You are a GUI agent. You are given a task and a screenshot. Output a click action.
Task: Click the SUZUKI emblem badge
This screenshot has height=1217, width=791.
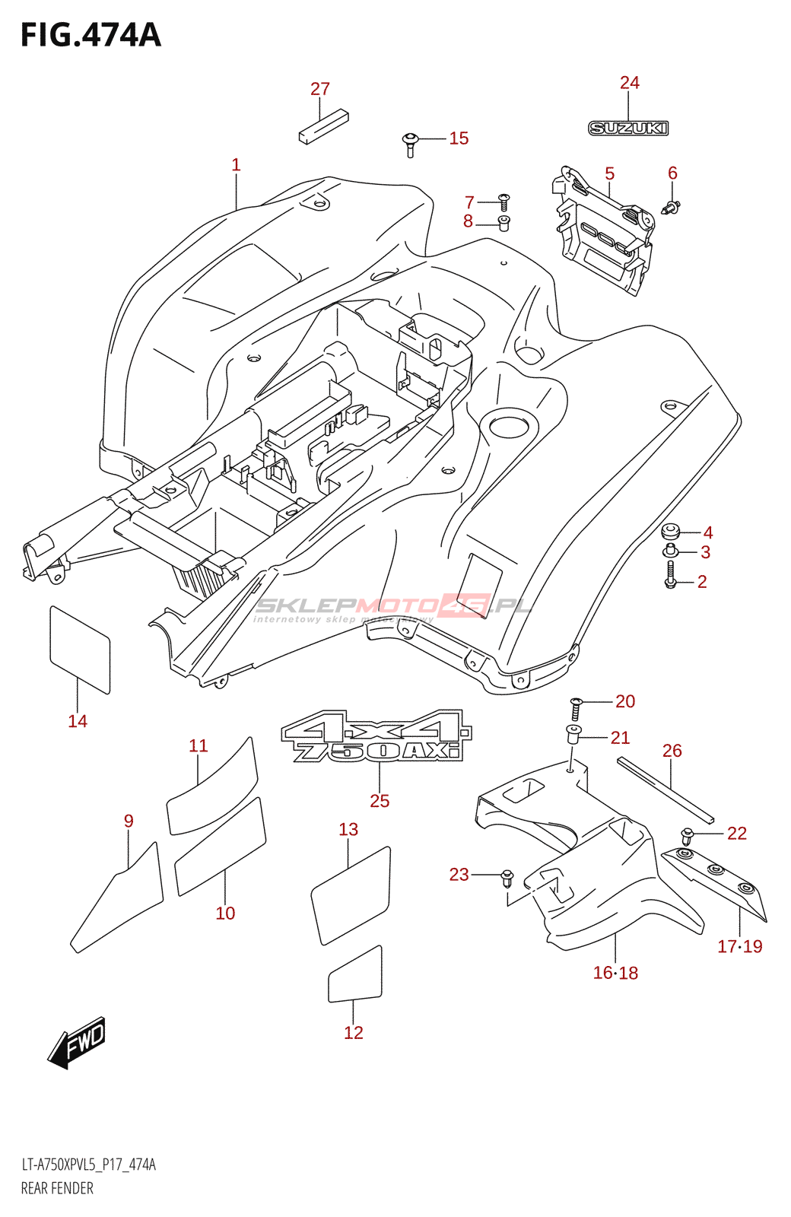click(628, 129)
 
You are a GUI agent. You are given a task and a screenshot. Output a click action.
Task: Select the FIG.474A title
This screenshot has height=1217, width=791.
click(91, 35)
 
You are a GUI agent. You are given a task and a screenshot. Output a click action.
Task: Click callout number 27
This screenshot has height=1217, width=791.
click(320, 89)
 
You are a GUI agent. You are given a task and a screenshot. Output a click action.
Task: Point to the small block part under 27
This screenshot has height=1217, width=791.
click(322, 126)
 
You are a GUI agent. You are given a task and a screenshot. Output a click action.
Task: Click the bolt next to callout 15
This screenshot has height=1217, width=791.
click(411, 142)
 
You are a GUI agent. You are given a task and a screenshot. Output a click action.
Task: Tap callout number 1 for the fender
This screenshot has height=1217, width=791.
click(236, 164)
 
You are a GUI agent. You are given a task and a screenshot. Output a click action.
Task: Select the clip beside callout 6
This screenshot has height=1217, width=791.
click(671, 205)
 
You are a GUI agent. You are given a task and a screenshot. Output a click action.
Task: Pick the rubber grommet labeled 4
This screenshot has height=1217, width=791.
click(671, 530)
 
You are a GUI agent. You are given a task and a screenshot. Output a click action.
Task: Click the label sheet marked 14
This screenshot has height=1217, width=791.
click(80, 649)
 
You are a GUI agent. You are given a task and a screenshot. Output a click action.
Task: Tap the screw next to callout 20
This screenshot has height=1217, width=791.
click(576, 708)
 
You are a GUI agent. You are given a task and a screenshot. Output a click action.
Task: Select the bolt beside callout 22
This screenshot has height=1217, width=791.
click(688, 836)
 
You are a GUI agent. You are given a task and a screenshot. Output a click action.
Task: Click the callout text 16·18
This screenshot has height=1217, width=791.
click(615, 972)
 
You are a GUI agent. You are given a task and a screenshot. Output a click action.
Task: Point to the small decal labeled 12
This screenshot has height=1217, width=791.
click(355, 975)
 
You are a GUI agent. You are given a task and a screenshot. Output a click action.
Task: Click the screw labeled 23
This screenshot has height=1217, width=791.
click(507, 879)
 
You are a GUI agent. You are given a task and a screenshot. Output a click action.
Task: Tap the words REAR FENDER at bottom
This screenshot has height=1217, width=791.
click(57, 1188)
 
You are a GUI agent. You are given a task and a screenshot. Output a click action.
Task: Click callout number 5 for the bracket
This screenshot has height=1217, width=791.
click(610, 173)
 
